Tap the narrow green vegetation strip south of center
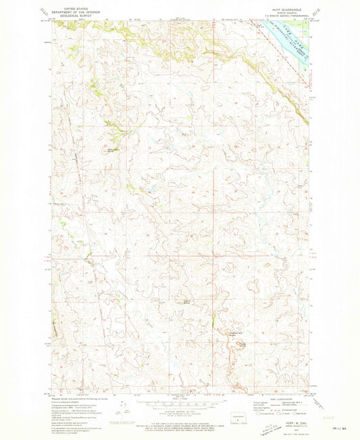(x=213, y=316)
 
